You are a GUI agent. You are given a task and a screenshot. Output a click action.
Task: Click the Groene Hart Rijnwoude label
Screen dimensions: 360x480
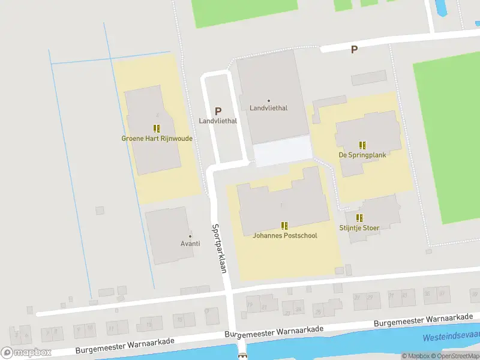(x=157, y=139)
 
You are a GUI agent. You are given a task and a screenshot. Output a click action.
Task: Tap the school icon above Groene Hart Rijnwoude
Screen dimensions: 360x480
(x=157, y=128)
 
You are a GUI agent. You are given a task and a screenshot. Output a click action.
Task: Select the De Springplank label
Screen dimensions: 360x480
(x=362, y=155)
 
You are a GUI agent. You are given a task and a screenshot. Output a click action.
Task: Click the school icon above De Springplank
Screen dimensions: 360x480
(x=362, y=145)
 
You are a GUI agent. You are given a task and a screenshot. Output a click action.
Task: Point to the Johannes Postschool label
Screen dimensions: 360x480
(x=284, y=236)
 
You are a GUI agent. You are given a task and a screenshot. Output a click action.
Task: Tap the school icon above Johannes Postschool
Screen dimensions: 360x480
(x=284, y=226)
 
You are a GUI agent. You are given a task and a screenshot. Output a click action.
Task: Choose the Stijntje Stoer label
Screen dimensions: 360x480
(x=359, y=228)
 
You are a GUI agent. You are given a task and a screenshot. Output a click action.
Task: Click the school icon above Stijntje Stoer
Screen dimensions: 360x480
(x=359, y=218)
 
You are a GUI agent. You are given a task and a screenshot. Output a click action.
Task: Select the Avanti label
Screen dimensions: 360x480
(x=190, y=244)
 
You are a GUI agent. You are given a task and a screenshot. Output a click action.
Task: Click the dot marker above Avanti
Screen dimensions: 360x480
(x=190, y=235)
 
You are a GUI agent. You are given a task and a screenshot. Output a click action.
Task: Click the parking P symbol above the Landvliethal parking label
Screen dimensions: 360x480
(x=218, y=111)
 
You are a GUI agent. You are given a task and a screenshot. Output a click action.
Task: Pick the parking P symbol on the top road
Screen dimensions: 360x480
(x=354, y=50)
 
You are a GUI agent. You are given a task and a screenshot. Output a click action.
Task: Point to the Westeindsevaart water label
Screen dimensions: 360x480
(x=451, y=337)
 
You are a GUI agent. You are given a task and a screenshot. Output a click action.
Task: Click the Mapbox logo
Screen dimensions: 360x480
(x=26, y=352)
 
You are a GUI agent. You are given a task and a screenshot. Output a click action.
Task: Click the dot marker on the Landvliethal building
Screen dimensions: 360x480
(x=268, y=100)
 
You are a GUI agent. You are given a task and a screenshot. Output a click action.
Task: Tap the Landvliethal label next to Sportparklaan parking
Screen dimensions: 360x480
(x=218, y=121)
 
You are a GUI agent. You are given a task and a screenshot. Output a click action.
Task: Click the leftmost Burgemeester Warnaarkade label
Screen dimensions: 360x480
(x=125, y=346)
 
